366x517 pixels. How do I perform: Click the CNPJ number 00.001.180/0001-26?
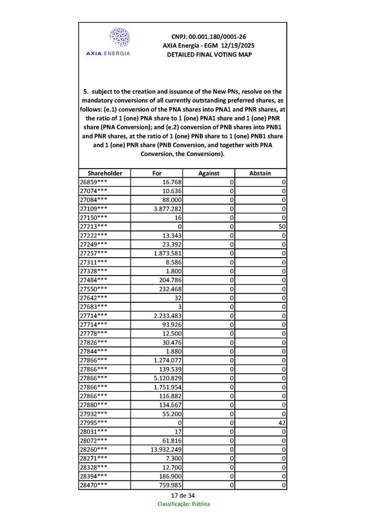(x=209, y=37)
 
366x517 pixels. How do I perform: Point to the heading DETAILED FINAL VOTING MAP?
(x=209, y=54)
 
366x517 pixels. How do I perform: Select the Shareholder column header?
(x=105, y=173)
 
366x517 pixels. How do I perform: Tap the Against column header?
(x=209, y=173)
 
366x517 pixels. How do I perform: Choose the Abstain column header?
(x=261, y=173)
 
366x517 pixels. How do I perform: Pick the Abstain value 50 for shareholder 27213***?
(x=282, y=226)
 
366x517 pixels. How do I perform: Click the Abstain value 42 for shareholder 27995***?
(x=282, y=423)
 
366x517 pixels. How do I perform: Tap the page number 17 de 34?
(x=183, y=496)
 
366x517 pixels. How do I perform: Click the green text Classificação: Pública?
(x=183, y=504)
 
